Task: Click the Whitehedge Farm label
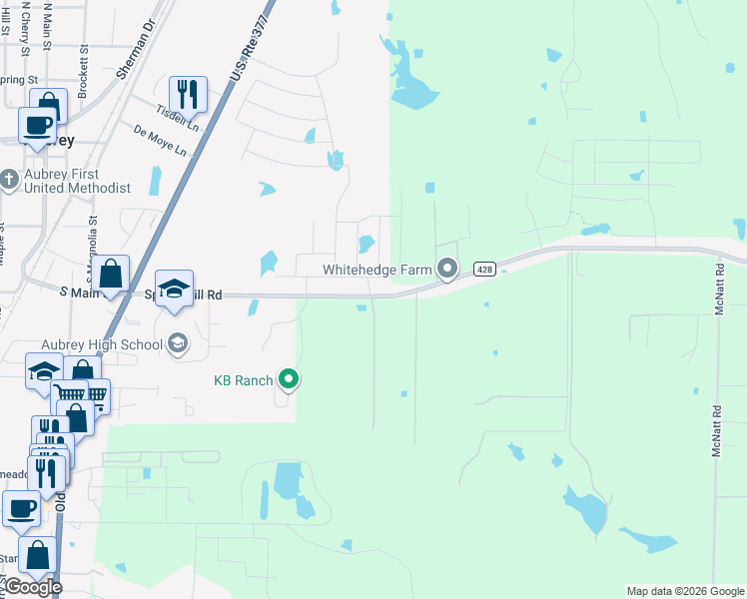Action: [375, 270]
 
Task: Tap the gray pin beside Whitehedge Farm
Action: [447, 269]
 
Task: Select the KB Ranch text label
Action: [244, 379]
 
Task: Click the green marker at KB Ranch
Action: [289, 379]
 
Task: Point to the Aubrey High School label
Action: [121, 344]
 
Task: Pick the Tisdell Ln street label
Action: [178, 117]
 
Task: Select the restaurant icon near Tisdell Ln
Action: [188, 94]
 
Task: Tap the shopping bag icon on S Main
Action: [113, 273]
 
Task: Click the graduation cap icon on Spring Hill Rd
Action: [174, 290]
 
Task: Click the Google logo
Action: [32, 587]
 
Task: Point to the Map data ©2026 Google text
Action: [685, 591]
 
